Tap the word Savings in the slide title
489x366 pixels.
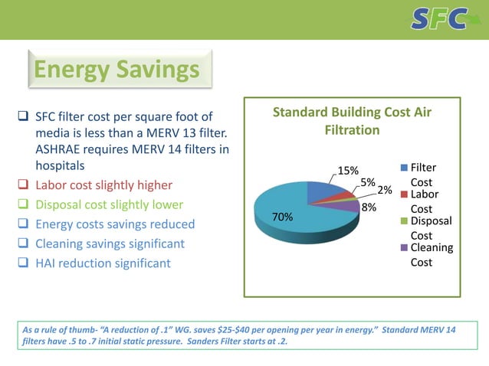161,70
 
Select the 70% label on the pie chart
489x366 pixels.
283,217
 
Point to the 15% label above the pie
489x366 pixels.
348,170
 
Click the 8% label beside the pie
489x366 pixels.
369,206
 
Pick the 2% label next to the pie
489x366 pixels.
385,189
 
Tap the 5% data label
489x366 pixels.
367,182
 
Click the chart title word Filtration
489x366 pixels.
351,130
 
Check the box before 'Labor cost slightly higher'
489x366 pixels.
22,185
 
